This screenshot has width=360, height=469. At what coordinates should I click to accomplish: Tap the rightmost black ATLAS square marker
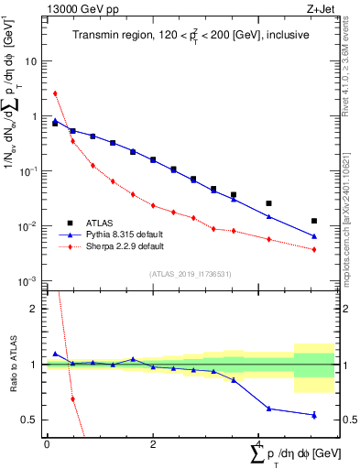[x=314, y=221]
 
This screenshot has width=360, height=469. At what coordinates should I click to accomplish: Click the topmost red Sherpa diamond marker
[x=55, y=93]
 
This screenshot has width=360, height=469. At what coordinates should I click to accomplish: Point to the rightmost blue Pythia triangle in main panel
[x=314, y=236]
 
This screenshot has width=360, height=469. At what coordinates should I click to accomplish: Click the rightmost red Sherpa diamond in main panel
[x=314, y=249]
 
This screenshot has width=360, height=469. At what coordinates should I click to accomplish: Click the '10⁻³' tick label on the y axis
[x=29, y=281]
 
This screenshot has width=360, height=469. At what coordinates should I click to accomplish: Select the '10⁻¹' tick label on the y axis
[x=29, y=171]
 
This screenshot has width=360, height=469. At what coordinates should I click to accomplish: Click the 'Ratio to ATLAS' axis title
[x=13, y=365]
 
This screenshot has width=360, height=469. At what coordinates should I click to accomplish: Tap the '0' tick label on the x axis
[x=47, y=444]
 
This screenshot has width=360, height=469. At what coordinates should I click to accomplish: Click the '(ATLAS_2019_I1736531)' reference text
[x=191, y=274]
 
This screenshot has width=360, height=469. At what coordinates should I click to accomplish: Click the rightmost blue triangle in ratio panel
[x=314, y=415]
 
